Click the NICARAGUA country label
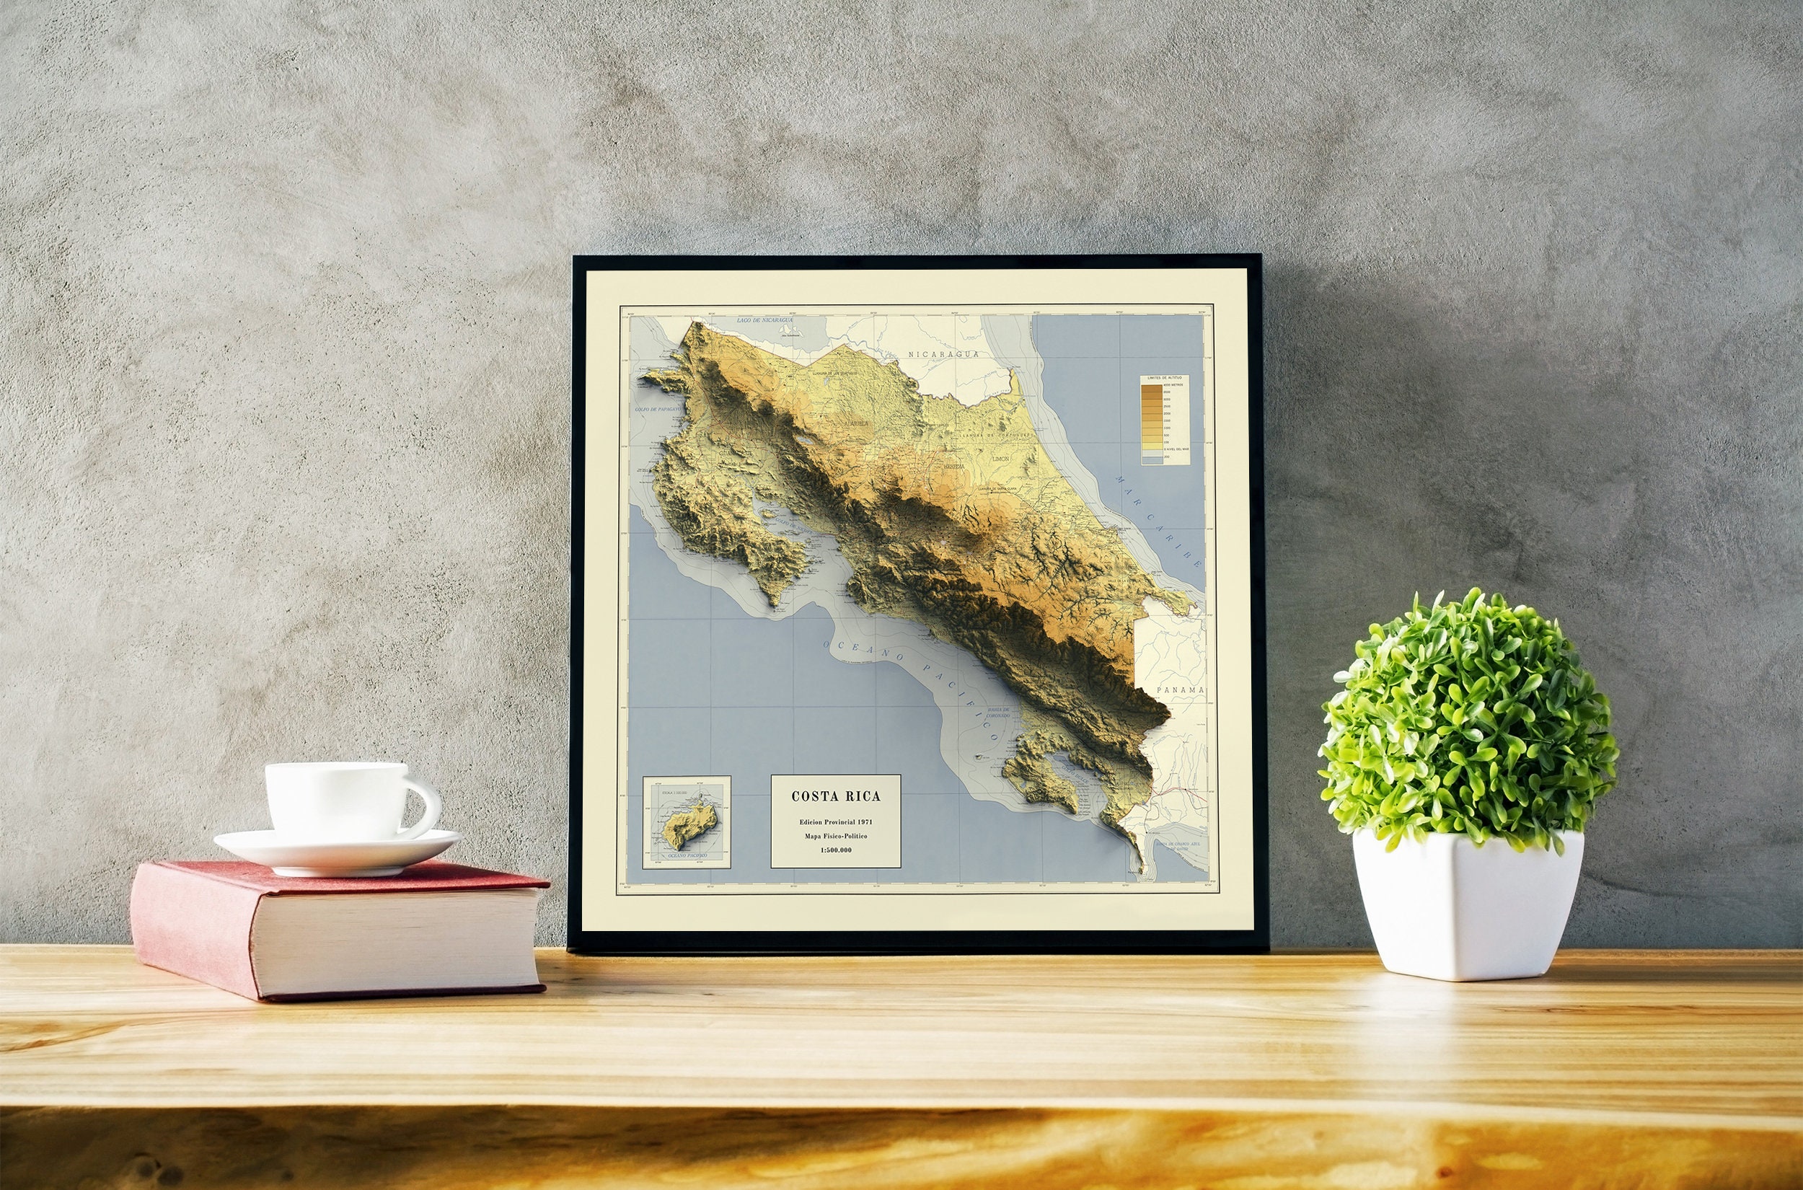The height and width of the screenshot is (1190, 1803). tap(943, 353)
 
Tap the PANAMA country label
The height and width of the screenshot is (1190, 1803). tap(1180, 690)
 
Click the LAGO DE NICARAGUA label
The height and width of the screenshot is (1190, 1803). tap(764, 320)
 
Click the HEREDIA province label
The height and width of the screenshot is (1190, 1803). tap(954, 467)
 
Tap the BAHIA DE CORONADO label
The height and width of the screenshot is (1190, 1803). tap(999, 714)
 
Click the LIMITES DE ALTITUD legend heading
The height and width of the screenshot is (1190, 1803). tap(1165, 377)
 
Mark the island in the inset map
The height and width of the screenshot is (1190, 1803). tap(689, 826)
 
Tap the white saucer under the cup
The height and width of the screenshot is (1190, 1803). tap(336, 851)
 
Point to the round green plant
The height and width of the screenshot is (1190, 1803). tap(1468, 721)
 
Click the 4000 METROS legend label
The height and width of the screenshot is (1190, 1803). tap(1173, 386)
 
